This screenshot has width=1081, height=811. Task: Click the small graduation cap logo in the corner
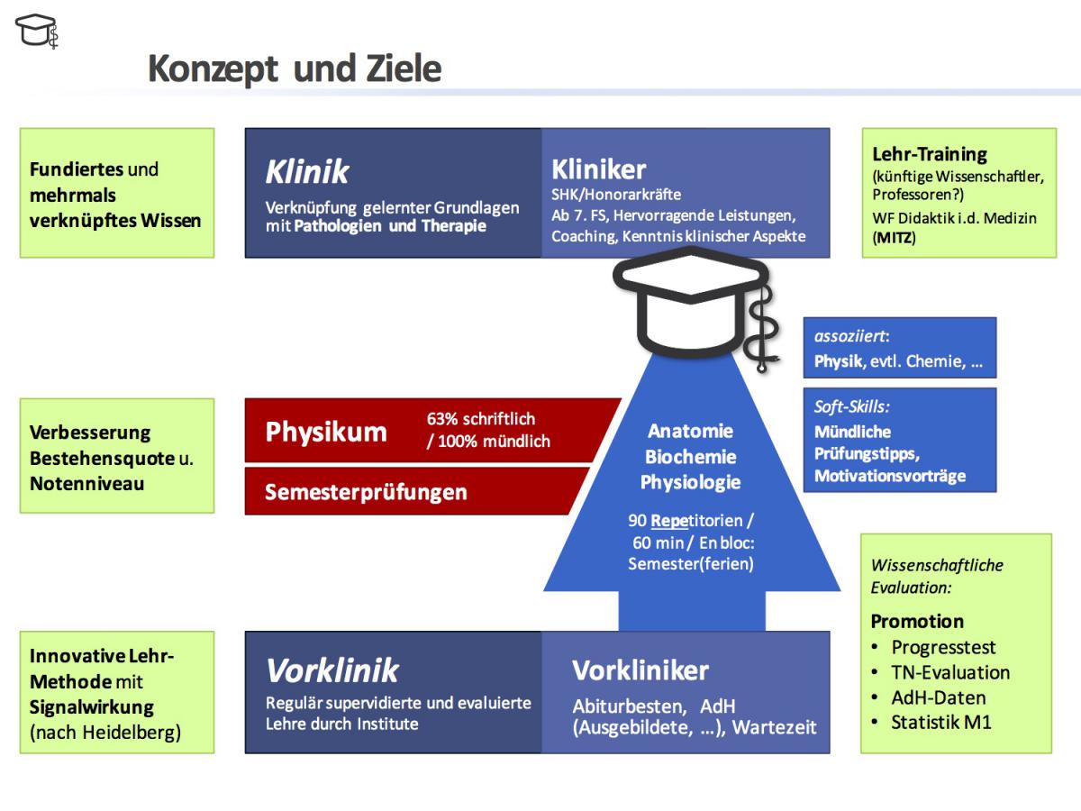[37, 31]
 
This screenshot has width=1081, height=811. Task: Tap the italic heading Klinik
[307, 172]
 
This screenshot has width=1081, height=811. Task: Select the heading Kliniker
[598, 169]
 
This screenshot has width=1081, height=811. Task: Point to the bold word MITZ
[894, 238]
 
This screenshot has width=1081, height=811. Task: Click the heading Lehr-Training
[930, 154]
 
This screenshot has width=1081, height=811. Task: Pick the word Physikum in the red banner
[326, 432]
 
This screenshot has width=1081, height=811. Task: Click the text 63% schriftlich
[481, 418]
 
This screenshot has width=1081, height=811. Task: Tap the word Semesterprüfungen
[366, 492]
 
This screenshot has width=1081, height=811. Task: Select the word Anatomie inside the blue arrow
[690, 431]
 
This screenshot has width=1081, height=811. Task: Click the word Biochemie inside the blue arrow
[690, 457]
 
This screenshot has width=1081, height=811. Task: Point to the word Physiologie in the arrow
[690, 482]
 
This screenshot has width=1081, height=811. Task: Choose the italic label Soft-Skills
[851, 406]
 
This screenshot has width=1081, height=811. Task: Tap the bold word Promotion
[917, 621]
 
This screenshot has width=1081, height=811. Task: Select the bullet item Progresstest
[943, 648]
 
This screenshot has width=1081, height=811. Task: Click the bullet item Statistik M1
[940, 723]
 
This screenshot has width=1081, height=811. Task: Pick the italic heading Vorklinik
[332, 670]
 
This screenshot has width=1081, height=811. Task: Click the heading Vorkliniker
[640, 670]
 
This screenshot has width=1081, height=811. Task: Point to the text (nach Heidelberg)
[105, 733]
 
